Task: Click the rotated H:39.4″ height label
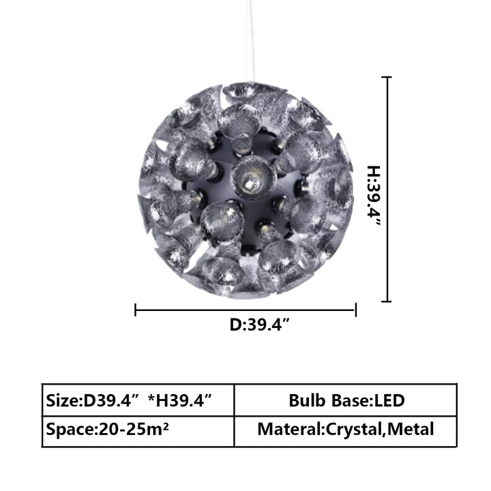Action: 374,196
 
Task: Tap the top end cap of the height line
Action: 387,76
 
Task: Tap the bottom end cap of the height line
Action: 387,301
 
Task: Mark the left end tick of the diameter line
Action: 135,310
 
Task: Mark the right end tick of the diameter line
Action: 356,310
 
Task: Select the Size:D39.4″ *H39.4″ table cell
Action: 138,400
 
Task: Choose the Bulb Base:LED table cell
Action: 345,400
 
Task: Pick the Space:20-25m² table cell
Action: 138,431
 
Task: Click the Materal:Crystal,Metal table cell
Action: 345,431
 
